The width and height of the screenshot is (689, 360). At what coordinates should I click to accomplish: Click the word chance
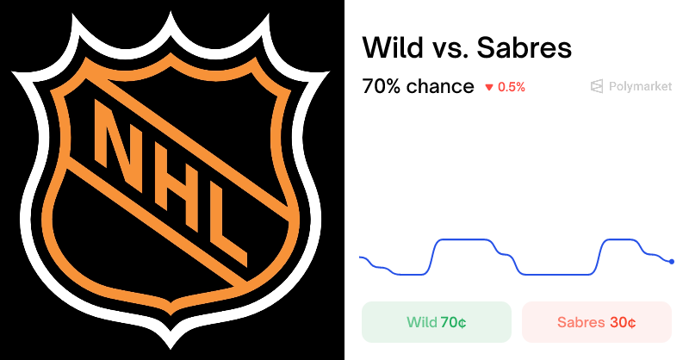click(x=442, y=86)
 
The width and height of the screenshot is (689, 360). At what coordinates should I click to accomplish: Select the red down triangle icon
click(x=489, y=87)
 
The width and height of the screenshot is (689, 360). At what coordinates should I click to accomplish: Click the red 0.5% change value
click(x=512, y=87)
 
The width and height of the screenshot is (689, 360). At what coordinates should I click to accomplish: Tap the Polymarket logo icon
click(x=596, y=86)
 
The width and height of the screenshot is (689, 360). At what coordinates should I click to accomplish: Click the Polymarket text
click(x=640, y=86)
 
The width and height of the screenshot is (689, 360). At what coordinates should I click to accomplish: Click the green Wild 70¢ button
click(x=436, y=323)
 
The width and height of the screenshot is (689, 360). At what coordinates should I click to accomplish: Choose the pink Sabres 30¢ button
click(x=596, y=323)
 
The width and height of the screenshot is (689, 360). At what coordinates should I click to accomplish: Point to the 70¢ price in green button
click(x=453, y=323)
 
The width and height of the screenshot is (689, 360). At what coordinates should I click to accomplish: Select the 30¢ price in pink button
click(x=623, y=323)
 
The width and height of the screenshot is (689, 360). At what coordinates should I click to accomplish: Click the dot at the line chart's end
click(x=672, y=261)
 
